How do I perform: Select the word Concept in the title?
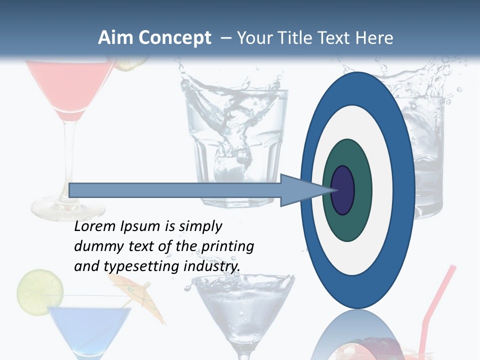coord(174,38)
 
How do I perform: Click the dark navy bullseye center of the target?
coord(342,190)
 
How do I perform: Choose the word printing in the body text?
coord(227,247)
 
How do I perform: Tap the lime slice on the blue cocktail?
coord(40,290)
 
